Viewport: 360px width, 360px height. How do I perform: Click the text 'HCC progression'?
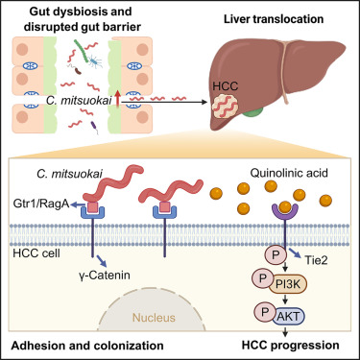[x=288, y=345]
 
